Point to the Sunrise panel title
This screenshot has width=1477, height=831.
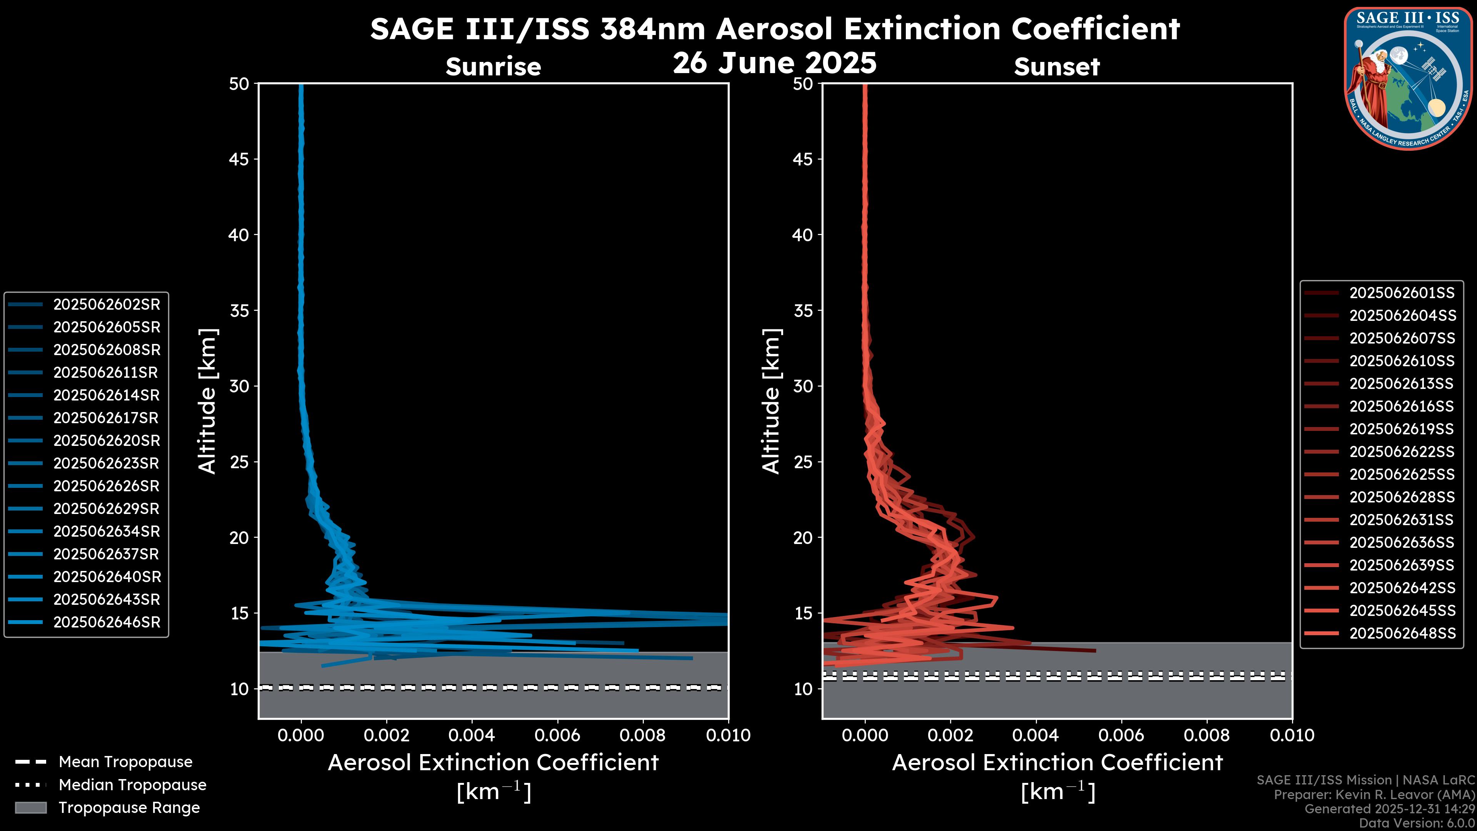493,67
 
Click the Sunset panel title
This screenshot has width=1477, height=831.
1057,67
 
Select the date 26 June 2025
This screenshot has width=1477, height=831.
775,63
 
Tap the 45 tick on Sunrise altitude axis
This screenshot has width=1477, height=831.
239,159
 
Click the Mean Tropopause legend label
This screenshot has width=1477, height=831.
125,762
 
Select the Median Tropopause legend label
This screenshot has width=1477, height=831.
132,785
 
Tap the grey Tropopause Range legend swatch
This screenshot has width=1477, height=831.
30,808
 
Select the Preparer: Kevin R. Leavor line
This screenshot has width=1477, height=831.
1374,795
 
